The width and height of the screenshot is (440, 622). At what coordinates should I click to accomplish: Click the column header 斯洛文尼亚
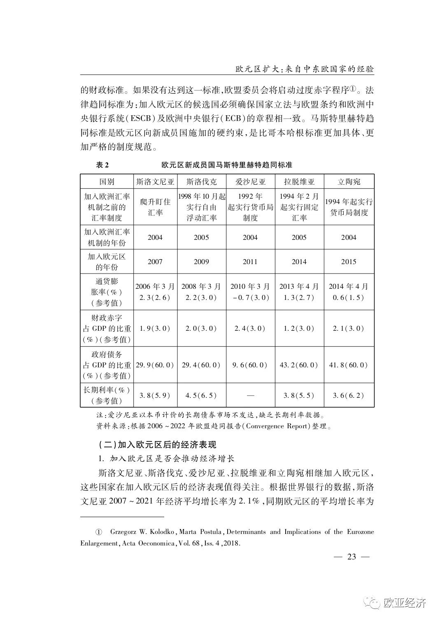[155, 182]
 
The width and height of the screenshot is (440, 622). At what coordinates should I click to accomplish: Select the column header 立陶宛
[349, 182]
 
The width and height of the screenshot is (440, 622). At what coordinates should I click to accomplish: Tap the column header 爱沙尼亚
[250, 182]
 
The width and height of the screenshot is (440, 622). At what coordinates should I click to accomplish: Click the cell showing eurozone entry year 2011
[250, 262]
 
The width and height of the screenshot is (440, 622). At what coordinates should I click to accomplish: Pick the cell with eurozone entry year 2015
[349, 262]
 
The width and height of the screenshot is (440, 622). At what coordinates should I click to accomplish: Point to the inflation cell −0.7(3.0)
[250, 297]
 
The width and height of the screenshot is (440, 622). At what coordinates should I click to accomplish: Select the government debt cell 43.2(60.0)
[299, 365]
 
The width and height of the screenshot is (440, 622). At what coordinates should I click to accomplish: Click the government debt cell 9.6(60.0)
[250, 365]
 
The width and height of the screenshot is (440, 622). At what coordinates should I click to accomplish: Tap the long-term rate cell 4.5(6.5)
[201, 395]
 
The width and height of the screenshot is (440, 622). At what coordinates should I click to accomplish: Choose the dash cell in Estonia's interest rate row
[250, 395]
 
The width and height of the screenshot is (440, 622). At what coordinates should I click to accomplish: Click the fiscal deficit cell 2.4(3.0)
[250, 328]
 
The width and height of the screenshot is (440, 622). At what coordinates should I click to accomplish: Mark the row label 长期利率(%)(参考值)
[107, 395]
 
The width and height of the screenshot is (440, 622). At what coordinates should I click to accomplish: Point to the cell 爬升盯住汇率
[155, 207]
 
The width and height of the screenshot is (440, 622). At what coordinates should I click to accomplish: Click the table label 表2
[102, 165]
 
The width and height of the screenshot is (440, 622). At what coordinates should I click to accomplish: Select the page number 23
[352, 557]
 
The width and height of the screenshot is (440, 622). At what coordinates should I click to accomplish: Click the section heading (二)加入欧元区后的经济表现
[157, 445]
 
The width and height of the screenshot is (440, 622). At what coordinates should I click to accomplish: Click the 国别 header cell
[107, 182]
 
